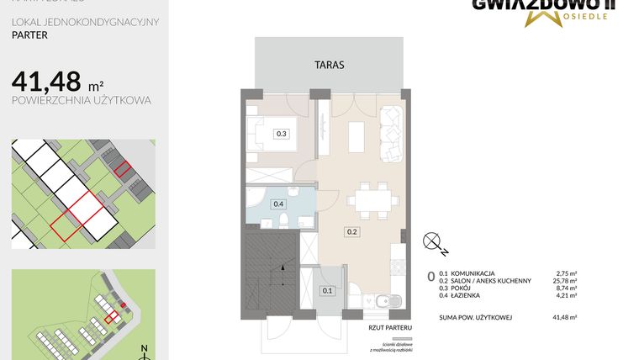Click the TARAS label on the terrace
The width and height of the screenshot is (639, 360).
[329, 64]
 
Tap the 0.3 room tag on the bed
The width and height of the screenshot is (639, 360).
[282, 133]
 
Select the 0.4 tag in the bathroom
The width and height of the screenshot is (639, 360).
[278, 203]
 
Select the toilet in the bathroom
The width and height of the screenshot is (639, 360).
[285, 220]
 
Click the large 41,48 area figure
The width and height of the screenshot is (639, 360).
[46, 82]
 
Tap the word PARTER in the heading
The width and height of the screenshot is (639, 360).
[29, 36]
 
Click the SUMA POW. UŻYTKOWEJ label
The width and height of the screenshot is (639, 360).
[475, 317]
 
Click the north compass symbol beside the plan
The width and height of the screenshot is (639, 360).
[436, 243]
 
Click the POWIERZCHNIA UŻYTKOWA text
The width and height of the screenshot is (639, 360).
[82, 100]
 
